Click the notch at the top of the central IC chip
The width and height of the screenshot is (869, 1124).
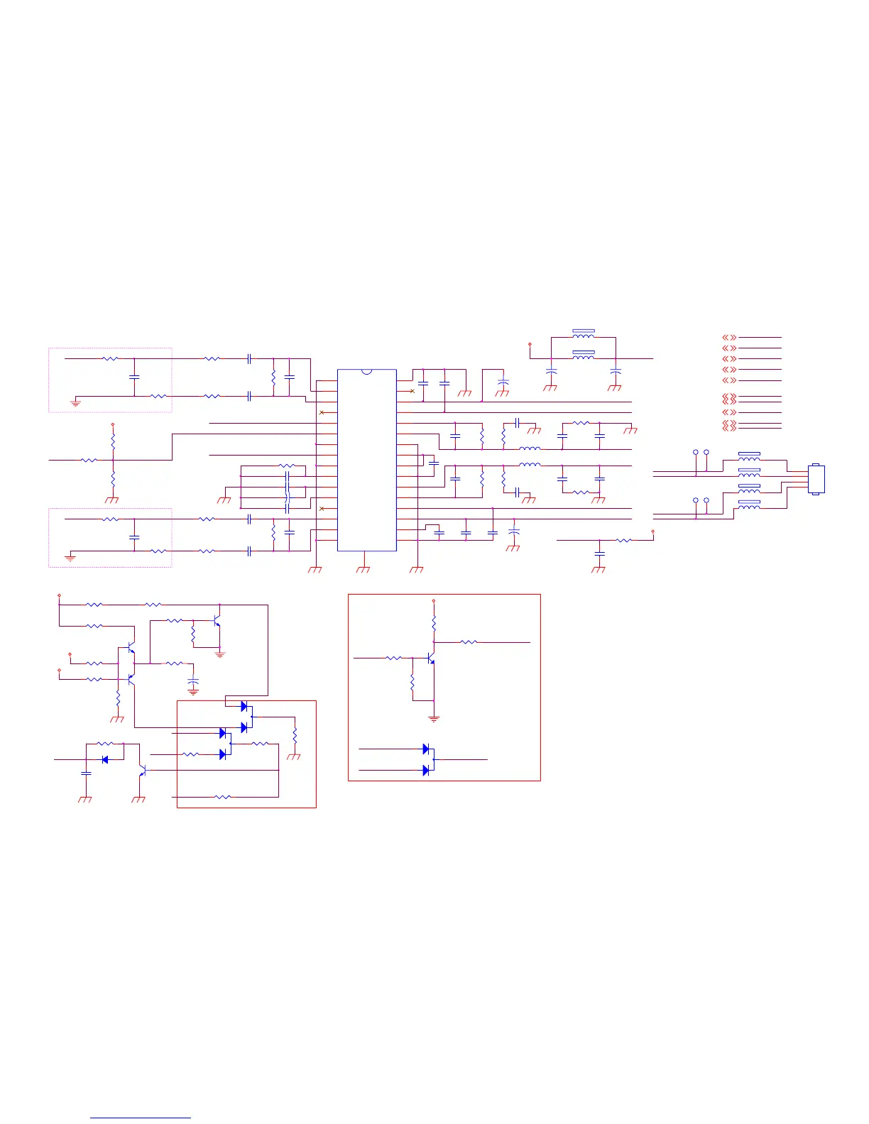[366, 371]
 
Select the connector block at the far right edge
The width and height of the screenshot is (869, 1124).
[816, 480]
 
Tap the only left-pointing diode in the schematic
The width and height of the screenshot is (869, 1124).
[105, 759]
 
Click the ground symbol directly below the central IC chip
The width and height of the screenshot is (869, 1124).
[364, 568]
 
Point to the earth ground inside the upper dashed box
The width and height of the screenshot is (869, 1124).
[75, 403]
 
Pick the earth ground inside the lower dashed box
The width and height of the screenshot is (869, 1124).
[70, 558]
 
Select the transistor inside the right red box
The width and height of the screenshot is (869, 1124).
[430, 659]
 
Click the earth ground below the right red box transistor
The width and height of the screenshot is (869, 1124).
[434, 719]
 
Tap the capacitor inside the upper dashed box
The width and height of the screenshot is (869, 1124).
[134, 377]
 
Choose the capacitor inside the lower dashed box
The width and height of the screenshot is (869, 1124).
[134, 537]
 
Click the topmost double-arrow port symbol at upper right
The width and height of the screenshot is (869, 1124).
[729, 338]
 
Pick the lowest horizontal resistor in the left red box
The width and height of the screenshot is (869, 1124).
[222, 797]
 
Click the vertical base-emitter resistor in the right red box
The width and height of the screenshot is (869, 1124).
[412, 685]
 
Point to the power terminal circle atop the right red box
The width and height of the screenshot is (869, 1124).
[434, 601]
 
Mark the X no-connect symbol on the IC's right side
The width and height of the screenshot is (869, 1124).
[412, 391]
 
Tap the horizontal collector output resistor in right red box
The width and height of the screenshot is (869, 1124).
[469, 642]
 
